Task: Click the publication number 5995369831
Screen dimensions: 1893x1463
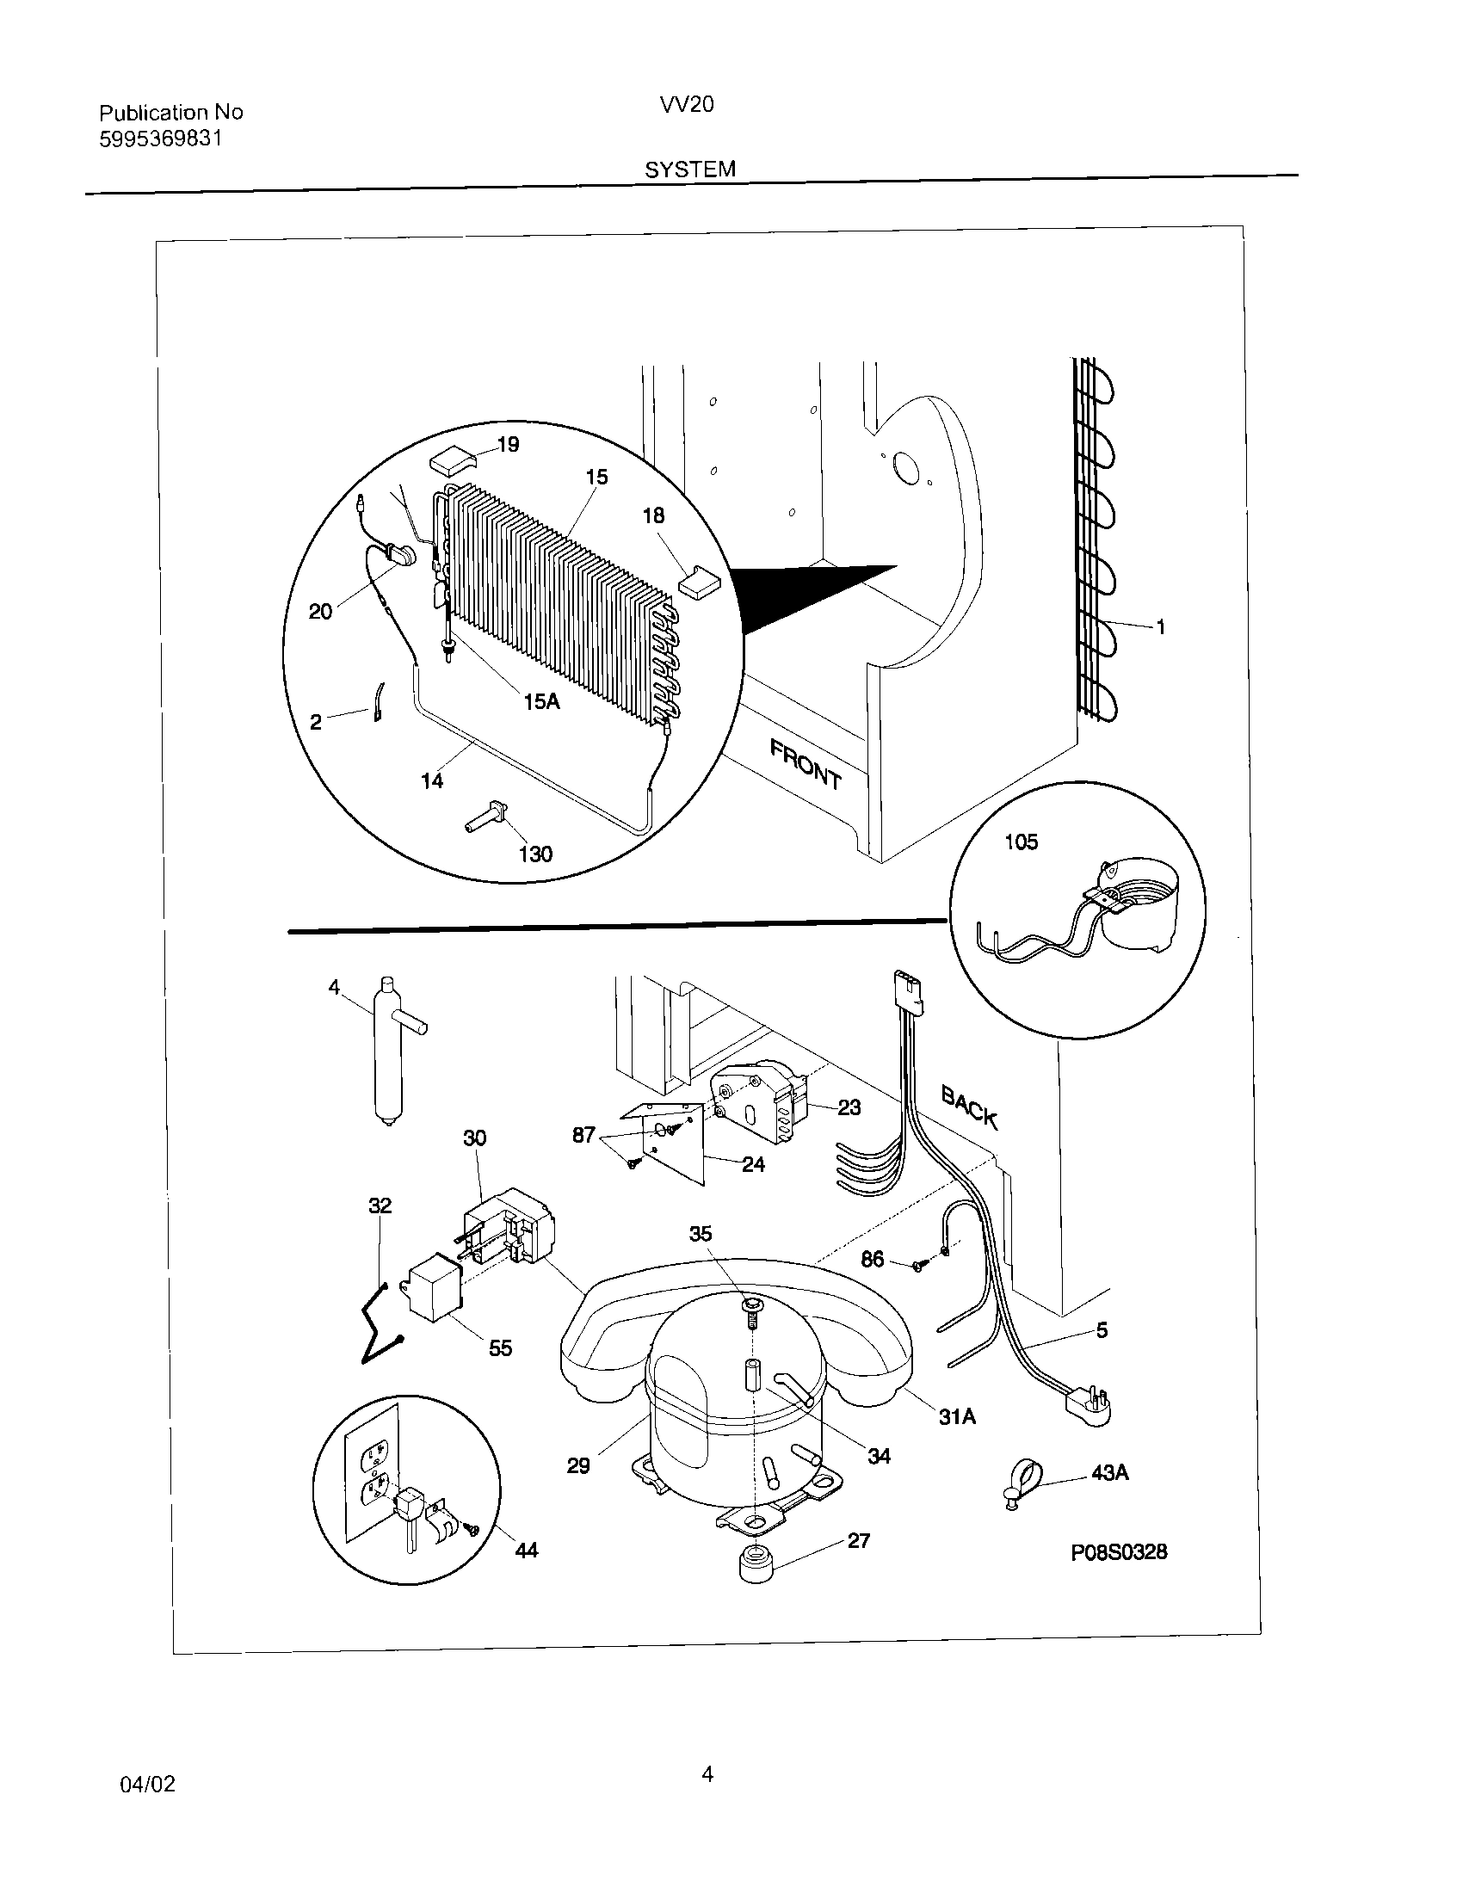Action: coord(160,139)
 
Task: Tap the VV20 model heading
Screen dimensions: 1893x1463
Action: coord(687,105)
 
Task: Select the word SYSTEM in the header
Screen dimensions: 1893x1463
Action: coord(690,170)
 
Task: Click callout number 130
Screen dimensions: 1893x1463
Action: coord(535,854)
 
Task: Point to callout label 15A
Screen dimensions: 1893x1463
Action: coord(541,702)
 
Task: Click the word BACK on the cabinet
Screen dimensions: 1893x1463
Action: coord(970,1108)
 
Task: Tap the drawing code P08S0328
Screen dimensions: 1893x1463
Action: coord(1118,1552)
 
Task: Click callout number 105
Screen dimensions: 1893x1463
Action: coord(1020,842)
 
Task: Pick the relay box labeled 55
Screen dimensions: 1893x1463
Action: coord(433,1297)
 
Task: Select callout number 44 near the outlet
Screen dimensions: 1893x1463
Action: coord(526,1550)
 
